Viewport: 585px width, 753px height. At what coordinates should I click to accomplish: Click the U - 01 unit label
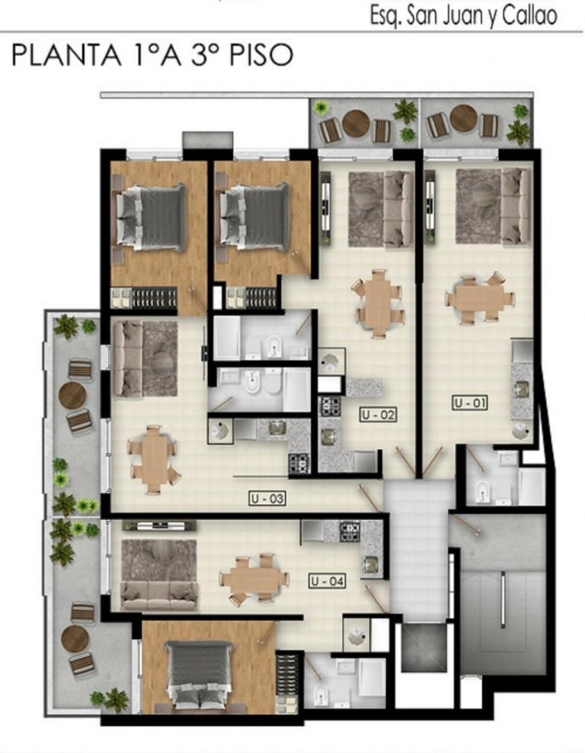[x=470, y=403]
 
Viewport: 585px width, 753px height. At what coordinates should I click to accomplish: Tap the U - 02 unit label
[x=378, y=415]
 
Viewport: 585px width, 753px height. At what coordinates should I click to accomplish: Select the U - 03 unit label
[x=267, y=499]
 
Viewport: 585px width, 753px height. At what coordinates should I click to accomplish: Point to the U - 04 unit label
[x=327, y=581]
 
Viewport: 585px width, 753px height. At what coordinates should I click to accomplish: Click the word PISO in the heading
[x=261, y=55]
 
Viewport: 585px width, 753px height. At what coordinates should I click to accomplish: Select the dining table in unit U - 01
[x=480, y=298]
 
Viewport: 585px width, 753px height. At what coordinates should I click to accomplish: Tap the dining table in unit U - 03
[x=154, y=459]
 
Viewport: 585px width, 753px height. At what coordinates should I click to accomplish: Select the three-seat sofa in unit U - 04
[x=159, y=595]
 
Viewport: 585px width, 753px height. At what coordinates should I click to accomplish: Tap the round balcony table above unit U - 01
[x=464, y=119]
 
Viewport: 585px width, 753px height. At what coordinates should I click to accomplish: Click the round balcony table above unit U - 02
[x=355, y=124]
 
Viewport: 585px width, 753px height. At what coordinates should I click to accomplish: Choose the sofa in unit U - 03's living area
[x=127, y=358]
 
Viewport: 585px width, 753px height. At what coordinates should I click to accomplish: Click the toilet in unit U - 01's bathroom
[x=481, y=491]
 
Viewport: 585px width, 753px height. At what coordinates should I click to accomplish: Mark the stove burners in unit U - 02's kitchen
[x=331, y=407]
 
